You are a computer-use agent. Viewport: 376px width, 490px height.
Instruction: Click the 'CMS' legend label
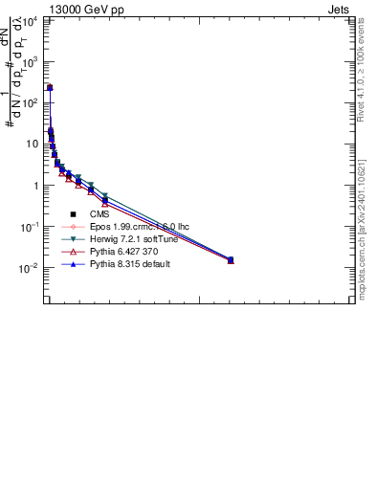pyautogui.click(x=100, y=214)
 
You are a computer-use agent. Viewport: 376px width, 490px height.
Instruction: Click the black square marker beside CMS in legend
pyautogui.click(x=73, y=214)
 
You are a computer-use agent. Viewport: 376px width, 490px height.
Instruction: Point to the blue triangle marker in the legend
pyautogui.click(x=73, y=264)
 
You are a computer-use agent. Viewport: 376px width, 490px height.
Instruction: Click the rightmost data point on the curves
pyautogui.click(x=231, y=259)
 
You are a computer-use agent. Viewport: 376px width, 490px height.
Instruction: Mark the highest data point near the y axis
pyautogui.click(x=50, y=88)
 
